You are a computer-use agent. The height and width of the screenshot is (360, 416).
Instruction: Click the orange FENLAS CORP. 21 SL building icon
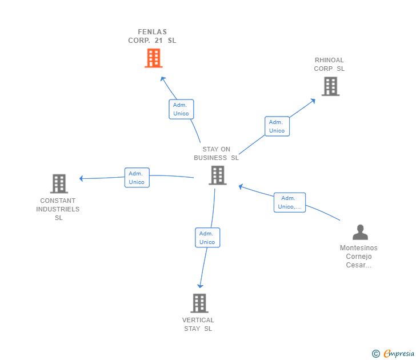click(x=153, y=58)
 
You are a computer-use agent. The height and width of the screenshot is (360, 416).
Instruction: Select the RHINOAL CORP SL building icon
click(x=330, y=86)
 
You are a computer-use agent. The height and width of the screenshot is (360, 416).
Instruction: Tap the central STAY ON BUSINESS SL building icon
click(x=218, y=175)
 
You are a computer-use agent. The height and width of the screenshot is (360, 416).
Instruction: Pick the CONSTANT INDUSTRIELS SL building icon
click(x=59, y=183)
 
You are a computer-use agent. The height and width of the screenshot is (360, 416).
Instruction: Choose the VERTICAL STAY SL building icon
click(x=199, y=303)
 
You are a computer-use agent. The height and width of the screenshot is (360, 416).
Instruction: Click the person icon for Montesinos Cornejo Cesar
click(x=360, y=232)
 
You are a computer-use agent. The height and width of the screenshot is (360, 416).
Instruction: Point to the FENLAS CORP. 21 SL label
click(x=152, y=36)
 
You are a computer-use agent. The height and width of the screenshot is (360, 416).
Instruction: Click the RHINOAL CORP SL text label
click(x=329, y=65)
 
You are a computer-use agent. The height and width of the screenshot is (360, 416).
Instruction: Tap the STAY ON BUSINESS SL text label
click(x=216, y=154)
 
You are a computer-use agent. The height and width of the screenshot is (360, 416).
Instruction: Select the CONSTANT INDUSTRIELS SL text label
click(x=58, y=209)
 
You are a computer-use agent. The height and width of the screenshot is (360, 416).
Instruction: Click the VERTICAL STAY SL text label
click(x=198, y=324)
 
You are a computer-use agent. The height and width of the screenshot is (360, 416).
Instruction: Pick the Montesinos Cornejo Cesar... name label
click(x=359, y=257)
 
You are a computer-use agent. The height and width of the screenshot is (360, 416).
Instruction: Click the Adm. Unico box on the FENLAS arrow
click(x=181, y=109)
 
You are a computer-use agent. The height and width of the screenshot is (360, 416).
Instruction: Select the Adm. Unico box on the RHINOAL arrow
click(x=277, y=126)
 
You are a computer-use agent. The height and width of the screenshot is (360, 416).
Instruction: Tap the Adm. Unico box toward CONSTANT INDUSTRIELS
click(x=137, y=178)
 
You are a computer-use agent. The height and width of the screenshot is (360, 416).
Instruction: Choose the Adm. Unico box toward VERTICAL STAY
click(x=207, y=238)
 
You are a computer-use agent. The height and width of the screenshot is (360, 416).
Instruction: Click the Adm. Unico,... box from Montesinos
click(x=289, y=202)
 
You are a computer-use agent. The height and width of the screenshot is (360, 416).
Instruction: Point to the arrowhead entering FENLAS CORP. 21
click(x=163, y=79)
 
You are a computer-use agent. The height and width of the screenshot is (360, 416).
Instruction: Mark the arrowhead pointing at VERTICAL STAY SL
click(x=200, y=285)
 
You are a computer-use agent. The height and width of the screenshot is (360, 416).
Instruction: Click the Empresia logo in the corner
click(x=394, y=354)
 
